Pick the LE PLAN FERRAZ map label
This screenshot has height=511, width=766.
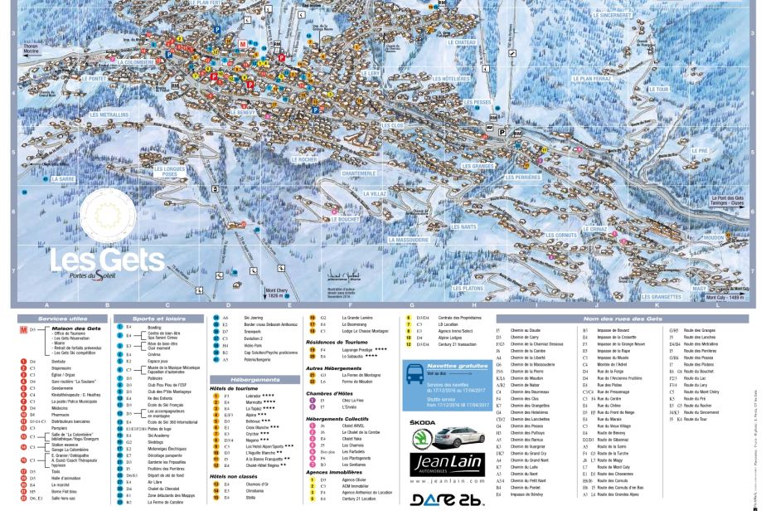click(x=591, y=79)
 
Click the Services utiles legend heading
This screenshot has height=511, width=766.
click(x=62, y=319)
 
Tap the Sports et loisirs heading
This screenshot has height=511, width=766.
click(x=158, y=319)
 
